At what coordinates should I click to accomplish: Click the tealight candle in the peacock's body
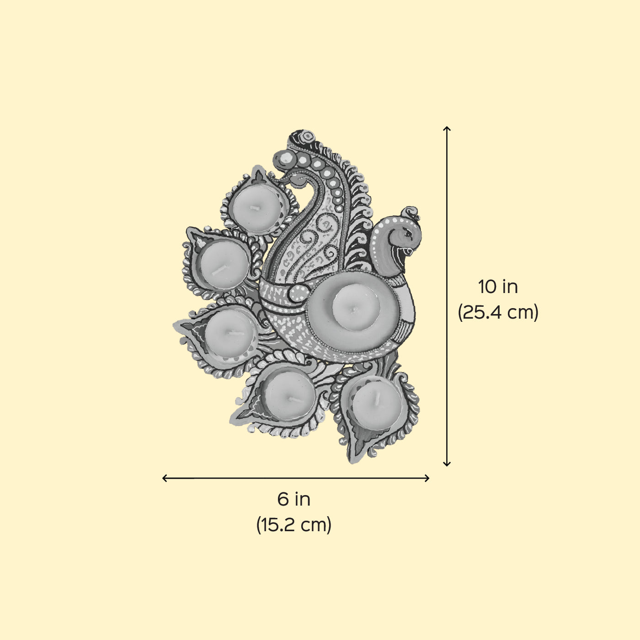click(356, 308)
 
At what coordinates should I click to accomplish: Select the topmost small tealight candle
click(256, 208)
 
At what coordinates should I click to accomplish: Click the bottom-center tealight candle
click(289, 396)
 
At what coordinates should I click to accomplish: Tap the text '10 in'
click(497, 287)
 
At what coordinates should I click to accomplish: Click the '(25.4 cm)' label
click(498, 312)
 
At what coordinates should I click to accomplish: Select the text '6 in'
click(293, 500)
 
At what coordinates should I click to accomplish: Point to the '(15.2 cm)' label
click(293, 525)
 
